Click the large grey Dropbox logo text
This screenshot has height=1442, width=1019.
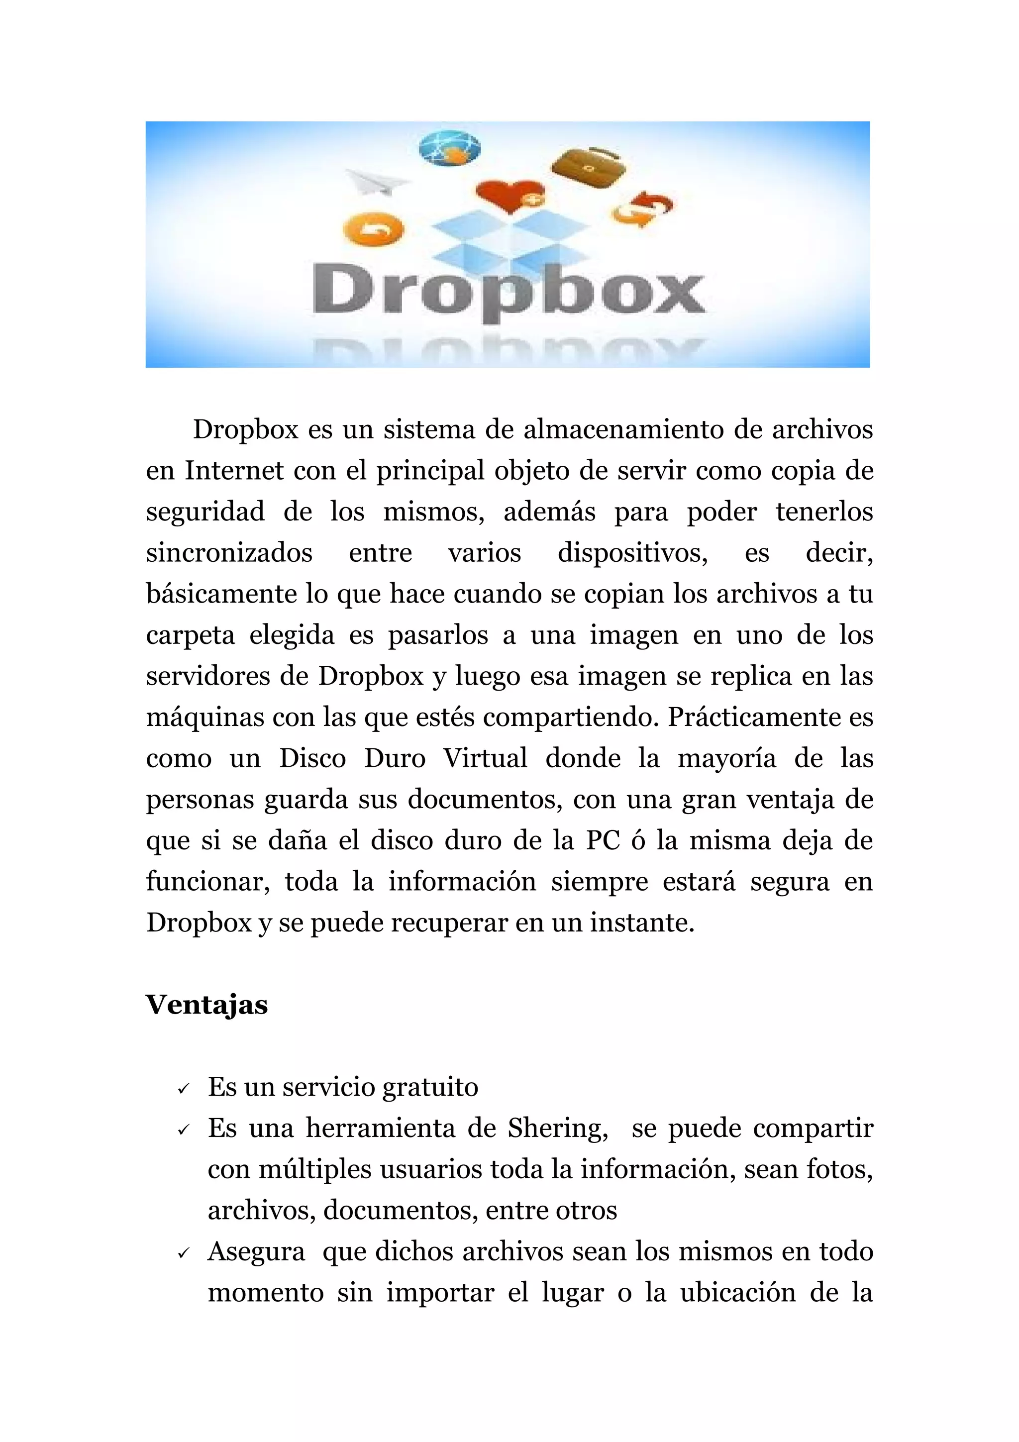509,292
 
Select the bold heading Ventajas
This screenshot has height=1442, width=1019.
206,1004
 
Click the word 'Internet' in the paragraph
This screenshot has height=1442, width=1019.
234,470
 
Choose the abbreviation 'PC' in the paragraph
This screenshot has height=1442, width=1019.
604,840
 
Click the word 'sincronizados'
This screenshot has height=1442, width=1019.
229,553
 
